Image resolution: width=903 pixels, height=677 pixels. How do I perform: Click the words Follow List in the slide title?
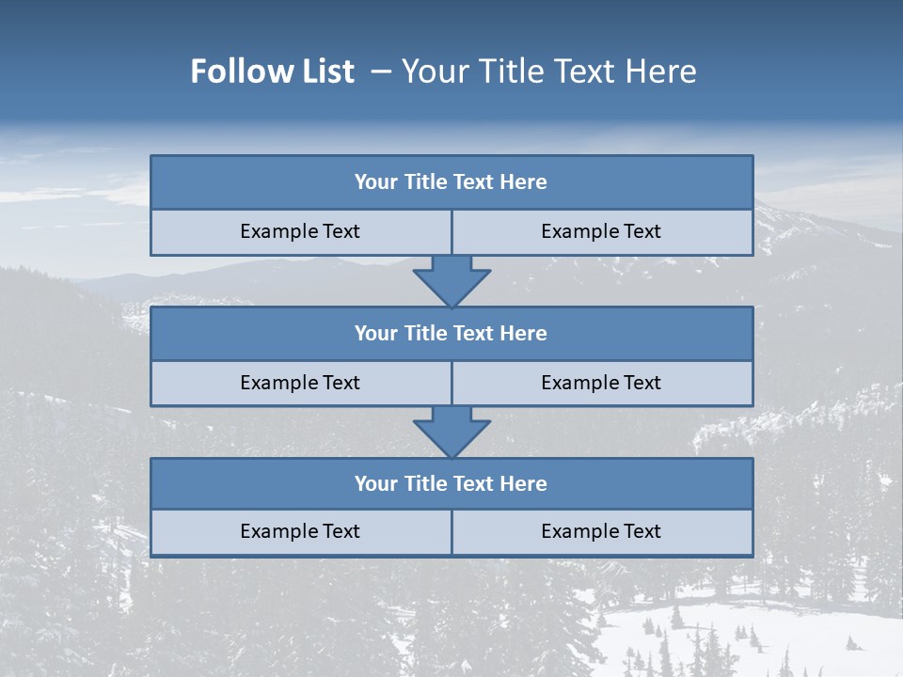pos(272,71)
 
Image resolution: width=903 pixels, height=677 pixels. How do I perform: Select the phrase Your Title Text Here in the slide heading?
pos(548,71)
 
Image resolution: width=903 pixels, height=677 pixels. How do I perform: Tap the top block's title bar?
pos(451,182)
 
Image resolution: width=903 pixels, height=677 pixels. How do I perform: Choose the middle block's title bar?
pos(451,334)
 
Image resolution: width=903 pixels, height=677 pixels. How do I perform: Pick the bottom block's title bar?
pos(451,484)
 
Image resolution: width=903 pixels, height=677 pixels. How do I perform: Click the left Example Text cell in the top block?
pos(300,232)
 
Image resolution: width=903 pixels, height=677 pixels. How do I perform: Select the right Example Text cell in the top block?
pos(601,232)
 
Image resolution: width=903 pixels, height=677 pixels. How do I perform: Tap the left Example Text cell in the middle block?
pos(300,384)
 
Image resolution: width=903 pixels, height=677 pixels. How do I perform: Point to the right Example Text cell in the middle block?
pos(601,384)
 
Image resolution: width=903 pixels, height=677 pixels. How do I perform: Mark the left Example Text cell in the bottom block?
pos(300,532)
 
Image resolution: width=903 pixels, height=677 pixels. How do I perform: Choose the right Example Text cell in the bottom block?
pos(601,532)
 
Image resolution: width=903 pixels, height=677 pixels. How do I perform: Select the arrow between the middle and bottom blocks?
pos(451,432)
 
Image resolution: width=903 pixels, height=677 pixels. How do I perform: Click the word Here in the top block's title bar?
pos(523,182)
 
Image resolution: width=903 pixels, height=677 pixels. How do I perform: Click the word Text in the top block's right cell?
pos(642,232)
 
